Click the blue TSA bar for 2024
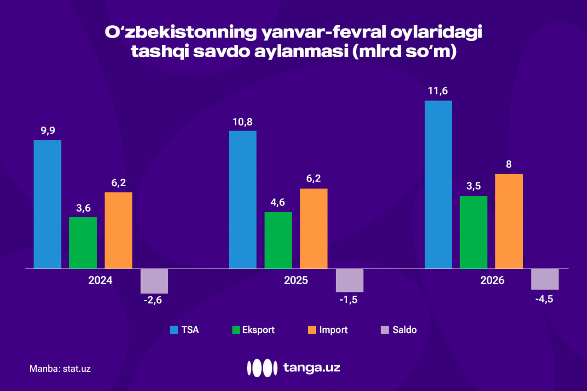coord(47,204)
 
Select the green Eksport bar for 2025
coord(278,240)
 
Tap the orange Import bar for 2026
coord(509,221)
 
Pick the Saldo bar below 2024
coord(154,281)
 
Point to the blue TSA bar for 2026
coord(438,184)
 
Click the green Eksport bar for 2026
coord(473,232)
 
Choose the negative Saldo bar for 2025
coord(349,280)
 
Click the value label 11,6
coord(438,91)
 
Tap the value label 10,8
coord(243,122)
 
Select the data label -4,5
coord(545,299)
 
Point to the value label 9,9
coord(48,131)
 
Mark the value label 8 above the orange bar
coord(509,165)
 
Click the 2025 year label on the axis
coord(296,280)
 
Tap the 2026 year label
coord(492,280)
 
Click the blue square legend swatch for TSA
coord(173,330)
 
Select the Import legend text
coord(333,330)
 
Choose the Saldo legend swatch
coord(384,330)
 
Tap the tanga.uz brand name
coord(311,367)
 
